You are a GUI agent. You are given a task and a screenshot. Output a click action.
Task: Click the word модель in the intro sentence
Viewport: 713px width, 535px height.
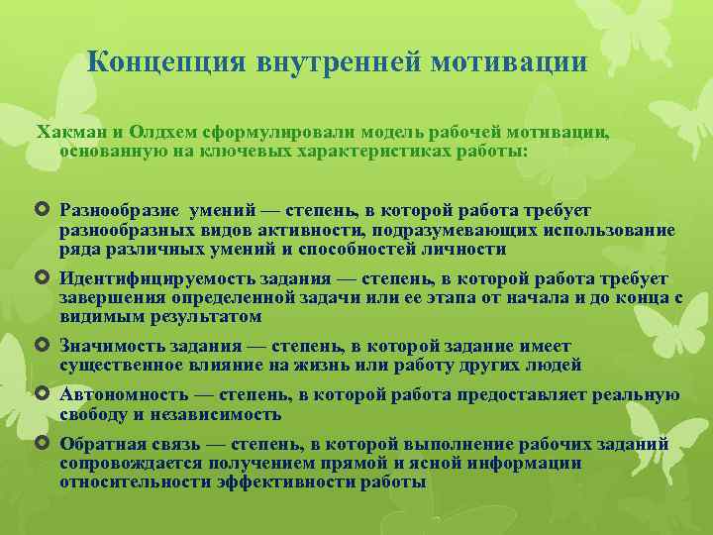pyautogui.click(x=364, y=133)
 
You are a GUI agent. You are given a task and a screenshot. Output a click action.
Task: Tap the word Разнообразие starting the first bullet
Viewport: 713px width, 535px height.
pyautogui.click(x=120, y=210)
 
